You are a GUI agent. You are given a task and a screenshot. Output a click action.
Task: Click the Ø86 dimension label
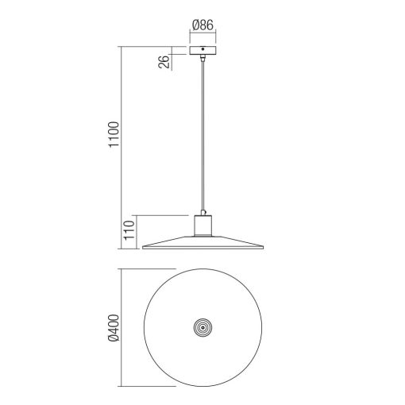coord(204,25)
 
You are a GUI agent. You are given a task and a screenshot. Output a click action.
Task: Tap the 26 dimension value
coord(165,62)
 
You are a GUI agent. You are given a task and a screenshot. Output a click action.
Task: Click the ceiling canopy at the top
coord(204,51)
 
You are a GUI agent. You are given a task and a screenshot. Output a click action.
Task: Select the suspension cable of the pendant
coord(204,135)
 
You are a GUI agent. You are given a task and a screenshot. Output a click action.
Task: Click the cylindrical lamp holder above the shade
coord(204,227)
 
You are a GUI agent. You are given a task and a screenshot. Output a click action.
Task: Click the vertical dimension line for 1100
coord(121,147)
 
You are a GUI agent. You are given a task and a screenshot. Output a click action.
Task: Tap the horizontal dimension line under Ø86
coord(204,36)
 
